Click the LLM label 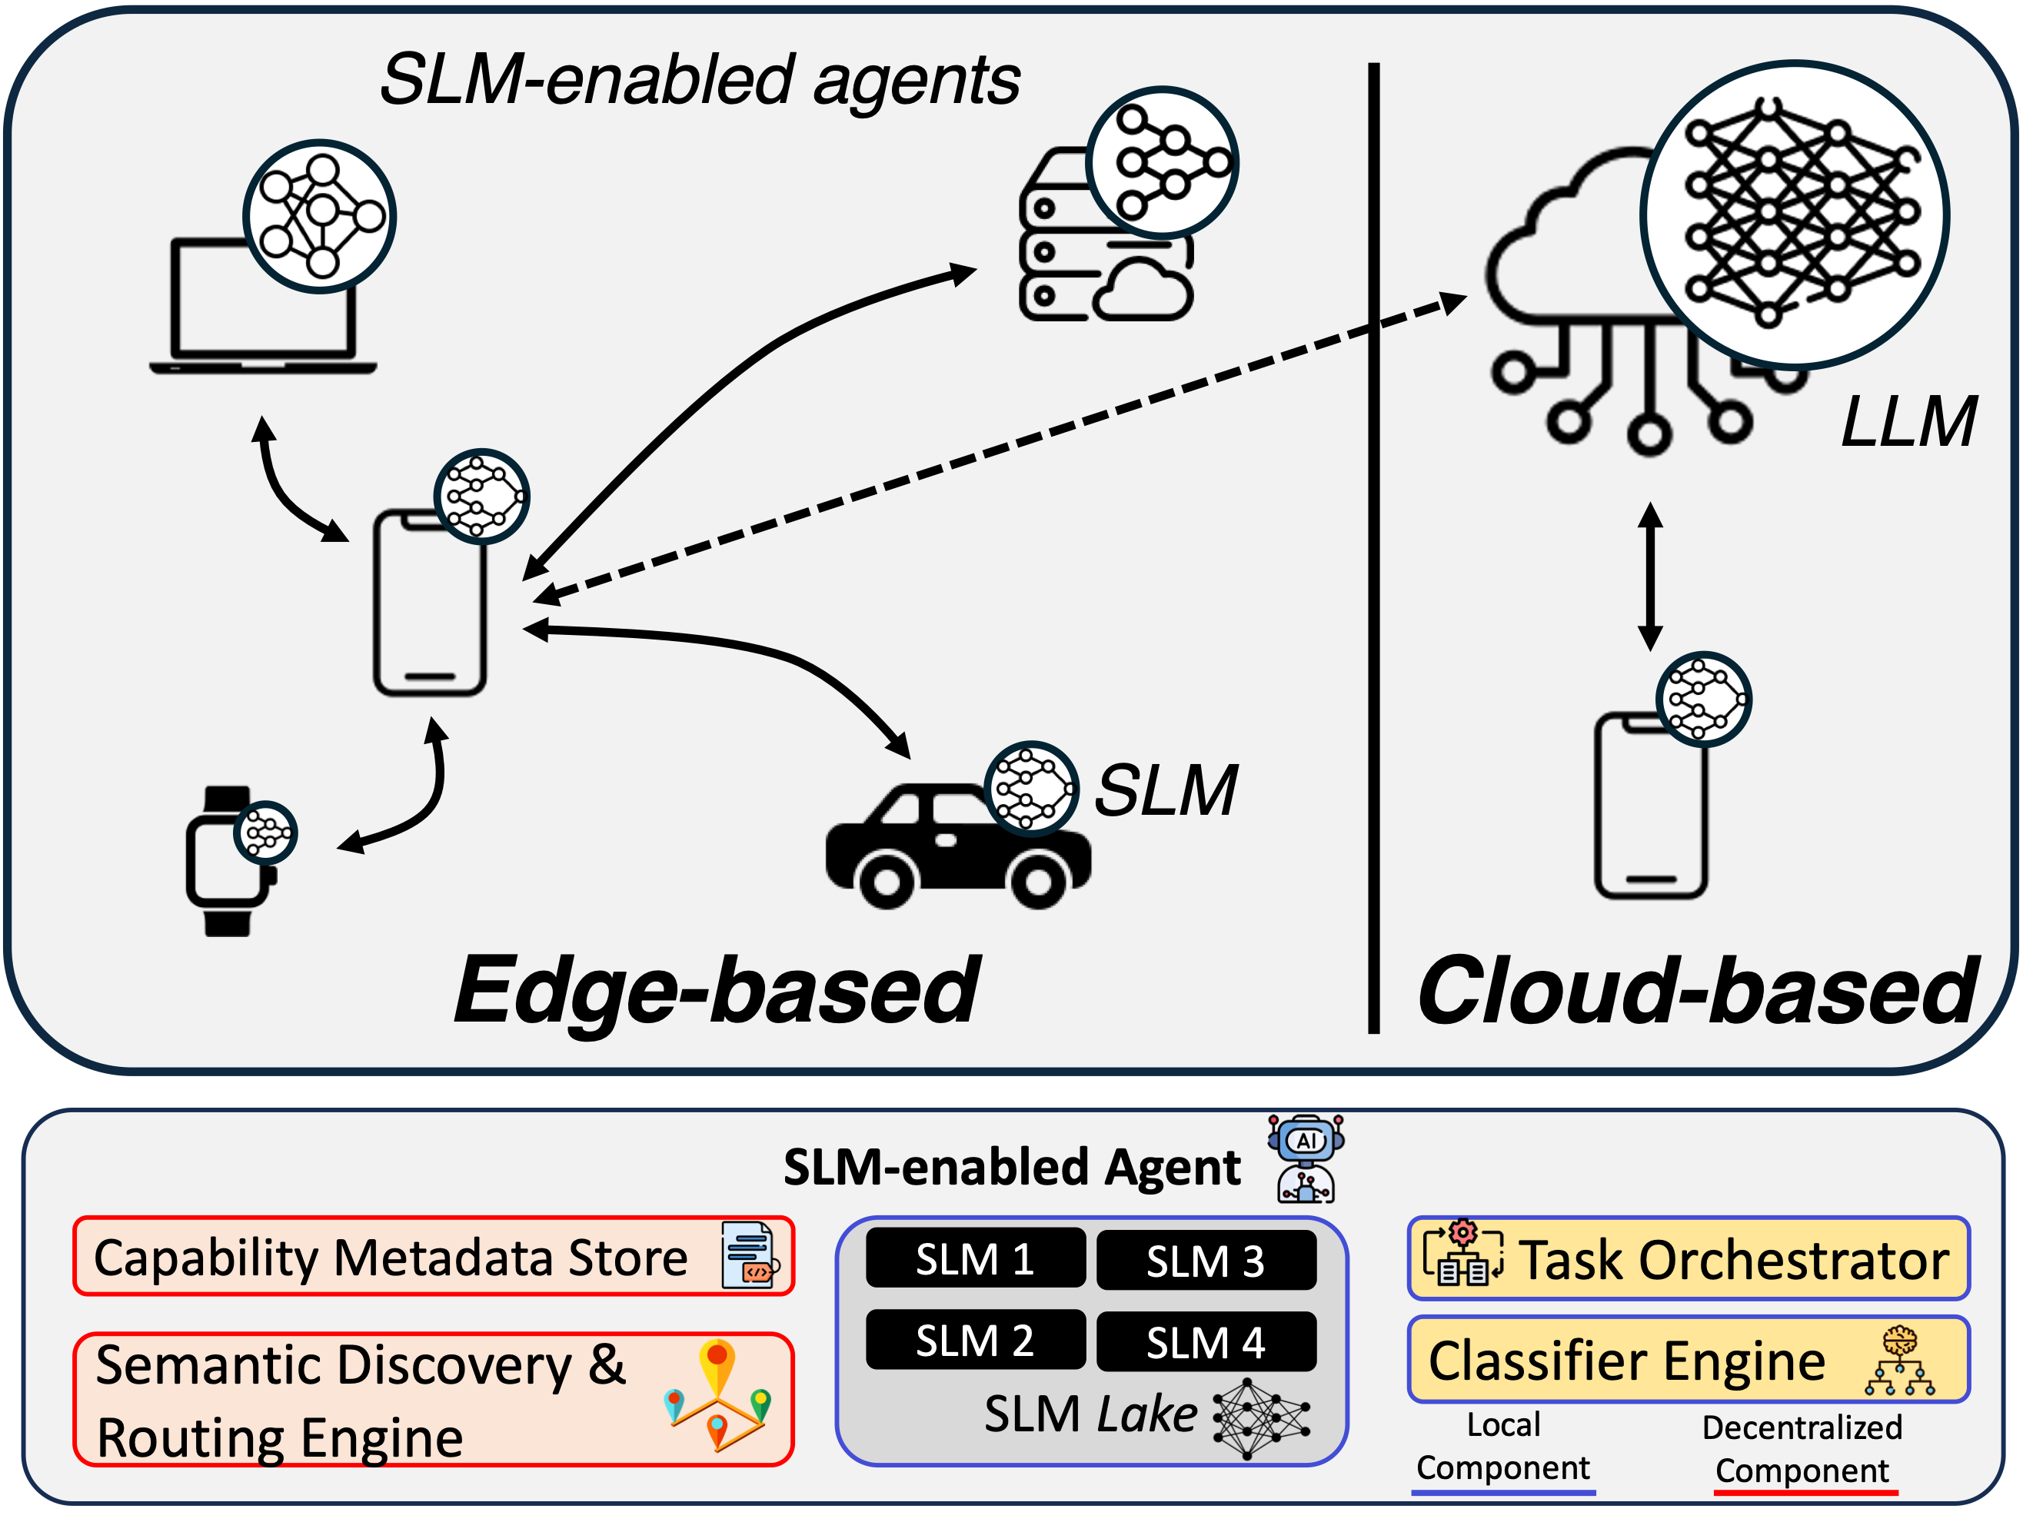pyautogui.click(x=1908, y=423)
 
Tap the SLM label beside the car pyautogui.click(x=1166, y=790)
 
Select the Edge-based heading pyautogui.click(x=717, y=990)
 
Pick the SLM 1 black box pyautogui.click(x=975, y=1258)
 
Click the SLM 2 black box pyautogui.click(x=975, y=1340)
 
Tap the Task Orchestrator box pyautogui.click(x=1689, y=1258)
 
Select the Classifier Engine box pyautogui.click(x=1689, y=1359)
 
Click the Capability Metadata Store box pyautogui.click(x=433, y=1256)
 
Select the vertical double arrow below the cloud pyautogui.click(x=1651, y=577)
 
